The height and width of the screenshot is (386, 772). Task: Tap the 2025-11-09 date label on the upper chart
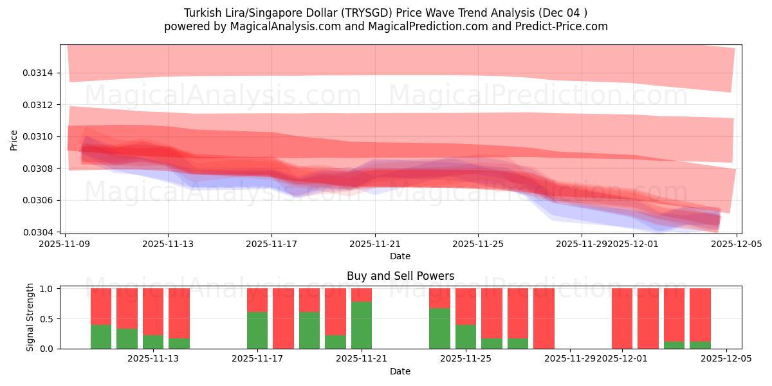pos(64,244)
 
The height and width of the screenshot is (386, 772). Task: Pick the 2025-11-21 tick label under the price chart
pos(374,244)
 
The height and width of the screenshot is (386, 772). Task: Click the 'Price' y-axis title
pos(14,140)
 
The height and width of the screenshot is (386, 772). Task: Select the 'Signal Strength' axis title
pos(30,317)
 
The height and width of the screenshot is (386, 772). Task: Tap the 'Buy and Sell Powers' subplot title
pos(400,276)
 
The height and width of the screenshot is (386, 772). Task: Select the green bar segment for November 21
pos(362,325)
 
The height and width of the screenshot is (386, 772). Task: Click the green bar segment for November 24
pos(439,328)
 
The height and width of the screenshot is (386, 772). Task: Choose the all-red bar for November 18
pos(283,318)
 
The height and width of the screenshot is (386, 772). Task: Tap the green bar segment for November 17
pos(257,330)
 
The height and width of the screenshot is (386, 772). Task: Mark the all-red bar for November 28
pos(544,318)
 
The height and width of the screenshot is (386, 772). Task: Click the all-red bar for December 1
pos(622,318)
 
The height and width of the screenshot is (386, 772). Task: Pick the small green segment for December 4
pos(700,345)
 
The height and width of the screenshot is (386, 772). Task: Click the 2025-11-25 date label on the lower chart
pos(466,358)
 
